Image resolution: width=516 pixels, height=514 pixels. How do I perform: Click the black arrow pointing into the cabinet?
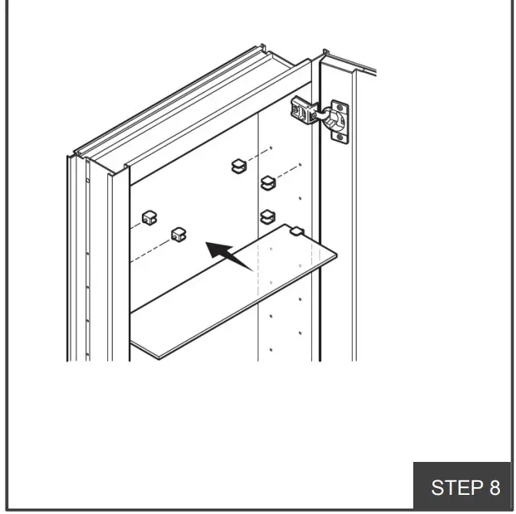tap(230, 256)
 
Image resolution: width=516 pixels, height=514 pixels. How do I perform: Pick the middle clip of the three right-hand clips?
tap(267, 182)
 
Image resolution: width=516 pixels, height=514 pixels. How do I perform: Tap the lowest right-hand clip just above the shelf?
tap(267, 216)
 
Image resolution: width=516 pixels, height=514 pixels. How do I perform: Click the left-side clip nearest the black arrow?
tap(179, 233)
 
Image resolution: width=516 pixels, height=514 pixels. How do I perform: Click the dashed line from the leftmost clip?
tap(135, 225)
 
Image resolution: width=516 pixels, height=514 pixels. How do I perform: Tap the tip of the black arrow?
tap(208, 244)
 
